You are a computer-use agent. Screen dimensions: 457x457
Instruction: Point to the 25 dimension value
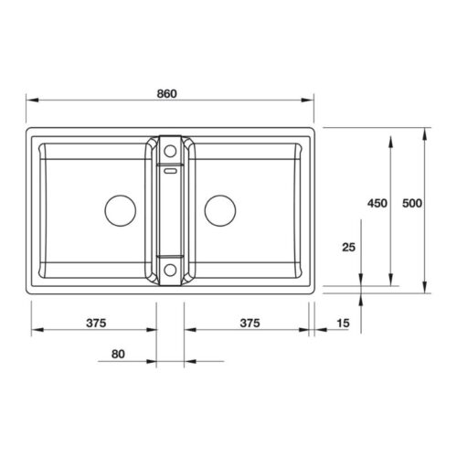click(x=347, y=247)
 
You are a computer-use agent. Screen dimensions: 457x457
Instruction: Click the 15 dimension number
click(x=343, y=324)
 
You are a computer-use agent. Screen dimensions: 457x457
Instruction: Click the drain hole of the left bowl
click(x=121, y=209)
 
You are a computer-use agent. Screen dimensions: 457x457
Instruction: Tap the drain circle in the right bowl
click(x=219, y=209)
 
